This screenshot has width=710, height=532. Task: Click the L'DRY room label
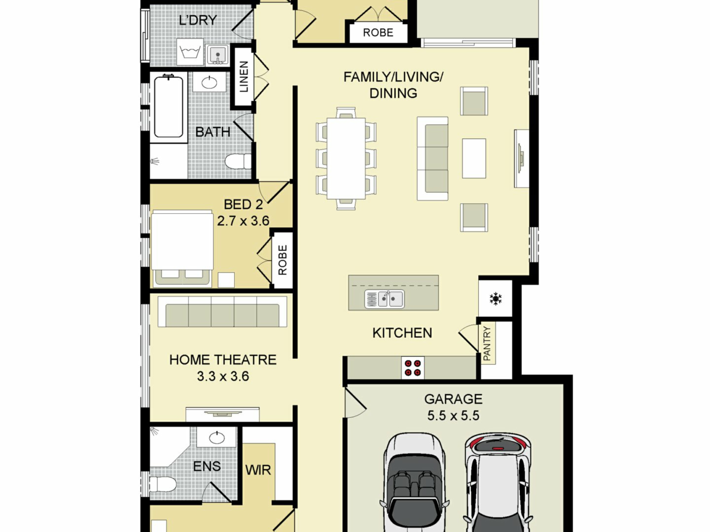click(x=198, y=20)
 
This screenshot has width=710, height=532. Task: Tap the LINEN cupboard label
click(x=244, y=77)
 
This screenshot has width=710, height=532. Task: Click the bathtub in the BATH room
click(x=169, y=106)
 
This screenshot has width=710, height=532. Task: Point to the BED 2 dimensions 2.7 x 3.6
click(x=243, y=221)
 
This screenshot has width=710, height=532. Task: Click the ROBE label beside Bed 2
click(x=283, y=260)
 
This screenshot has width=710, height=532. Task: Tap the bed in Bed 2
click(x=182, y=248)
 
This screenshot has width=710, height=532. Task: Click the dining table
click(x=346, y=158)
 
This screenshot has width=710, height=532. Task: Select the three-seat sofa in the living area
click(x=433, y=158)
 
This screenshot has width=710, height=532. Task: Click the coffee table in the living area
click(x=474, y=158)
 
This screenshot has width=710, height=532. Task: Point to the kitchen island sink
click(x=384, y=299)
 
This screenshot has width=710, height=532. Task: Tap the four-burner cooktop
click(x=413, y=368)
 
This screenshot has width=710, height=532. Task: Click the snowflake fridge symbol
click(x=496, y=299)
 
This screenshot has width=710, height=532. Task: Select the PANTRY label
click(x=487, y=343)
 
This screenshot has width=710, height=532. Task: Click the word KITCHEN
click(x=402, y=333)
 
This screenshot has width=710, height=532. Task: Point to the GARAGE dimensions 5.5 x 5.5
click(x=453, y=415)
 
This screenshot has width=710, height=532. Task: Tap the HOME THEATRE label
click(x=223, y=360)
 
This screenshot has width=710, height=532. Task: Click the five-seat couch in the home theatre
click(x=222, y=311)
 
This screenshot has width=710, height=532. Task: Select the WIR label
click(x=258, y=470)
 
